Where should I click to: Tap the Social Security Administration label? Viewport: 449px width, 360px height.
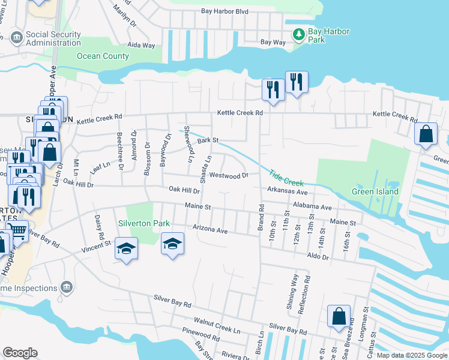coord(53,39)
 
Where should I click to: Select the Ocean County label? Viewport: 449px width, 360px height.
coord(103,56)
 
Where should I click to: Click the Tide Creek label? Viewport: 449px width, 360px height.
coord(286,177)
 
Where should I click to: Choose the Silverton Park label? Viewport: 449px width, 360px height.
coord(143,223)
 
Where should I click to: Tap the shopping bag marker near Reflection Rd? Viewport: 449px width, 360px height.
coord(339,317)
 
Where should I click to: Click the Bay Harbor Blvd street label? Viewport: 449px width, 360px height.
coord(226,11)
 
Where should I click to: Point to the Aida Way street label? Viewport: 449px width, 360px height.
coord(141,46)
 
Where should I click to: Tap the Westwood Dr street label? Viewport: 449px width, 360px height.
coord(229,176)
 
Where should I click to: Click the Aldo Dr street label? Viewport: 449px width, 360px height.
coord(318,257)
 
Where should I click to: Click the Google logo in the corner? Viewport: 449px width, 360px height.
coord(20,353)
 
